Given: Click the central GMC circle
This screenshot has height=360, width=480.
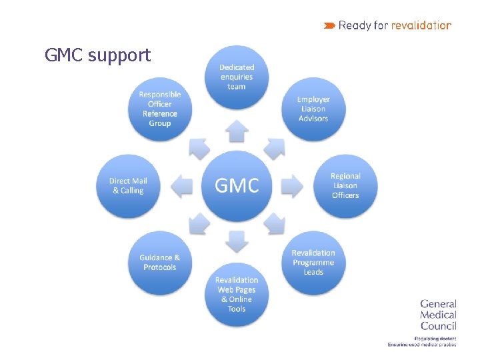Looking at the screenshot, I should (237, 185).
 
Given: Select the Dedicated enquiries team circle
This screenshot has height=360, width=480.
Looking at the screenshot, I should (237, 77).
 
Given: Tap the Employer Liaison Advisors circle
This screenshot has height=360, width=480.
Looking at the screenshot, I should (313, 109).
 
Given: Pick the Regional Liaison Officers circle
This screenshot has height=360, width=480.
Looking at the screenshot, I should (345, 185).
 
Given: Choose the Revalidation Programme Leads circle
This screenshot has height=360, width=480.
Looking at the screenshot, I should (313, 262).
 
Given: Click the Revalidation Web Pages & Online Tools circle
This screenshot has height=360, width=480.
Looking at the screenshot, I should (237, 294).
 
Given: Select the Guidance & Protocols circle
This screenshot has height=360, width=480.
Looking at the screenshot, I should (160, 262).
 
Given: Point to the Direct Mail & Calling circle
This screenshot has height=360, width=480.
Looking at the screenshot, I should (129, 185).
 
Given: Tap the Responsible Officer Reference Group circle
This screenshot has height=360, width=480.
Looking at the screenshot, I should (160, 109).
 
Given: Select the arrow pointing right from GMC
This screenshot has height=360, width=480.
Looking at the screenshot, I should (291, 185).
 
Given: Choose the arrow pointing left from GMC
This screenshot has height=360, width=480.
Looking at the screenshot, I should (182, 185).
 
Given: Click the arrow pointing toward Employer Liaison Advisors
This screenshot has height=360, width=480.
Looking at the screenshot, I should (275, 147).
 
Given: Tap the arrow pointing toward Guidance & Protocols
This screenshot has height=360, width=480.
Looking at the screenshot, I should (199, 223).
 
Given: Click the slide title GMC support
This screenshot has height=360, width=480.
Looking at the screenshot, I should (98, 55).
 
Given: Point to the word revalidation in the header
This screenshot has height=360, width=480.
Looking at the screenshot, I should (421, 25).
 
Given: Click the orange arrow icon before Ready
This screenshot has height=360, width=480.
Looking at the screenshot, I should (329, 25).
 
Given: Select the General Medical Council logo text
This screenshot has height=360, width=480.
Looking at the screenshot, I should (438, 315).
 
